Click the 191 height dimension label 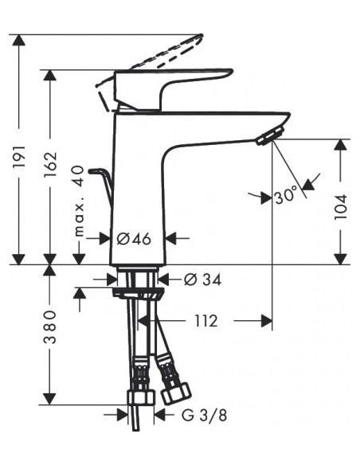tap(19, 157)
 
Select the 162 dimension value tap(50, 165)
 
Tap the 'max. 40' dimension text tap(79, 201)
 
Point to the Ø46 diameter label tap(134, 238)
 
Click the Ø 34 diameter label tap(202, 279)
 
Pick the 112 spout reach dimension tap(206, 321)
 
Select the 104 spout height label tap(340, 207)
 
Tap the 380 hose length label tap(50, 326)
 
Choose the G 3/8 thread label tap(205, 415)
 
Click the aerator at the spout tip tap(271, 136)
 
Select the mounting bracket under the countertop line tap(138, 293)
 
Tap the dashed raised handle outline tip tap(201, 37)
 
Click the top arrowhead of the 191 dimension tap(19, 41)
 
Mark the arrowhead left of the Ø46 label tap(104, 238)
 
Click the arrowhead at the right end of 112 tap(266, 321)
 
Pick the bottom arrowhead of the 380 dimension tap(50, 399)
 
